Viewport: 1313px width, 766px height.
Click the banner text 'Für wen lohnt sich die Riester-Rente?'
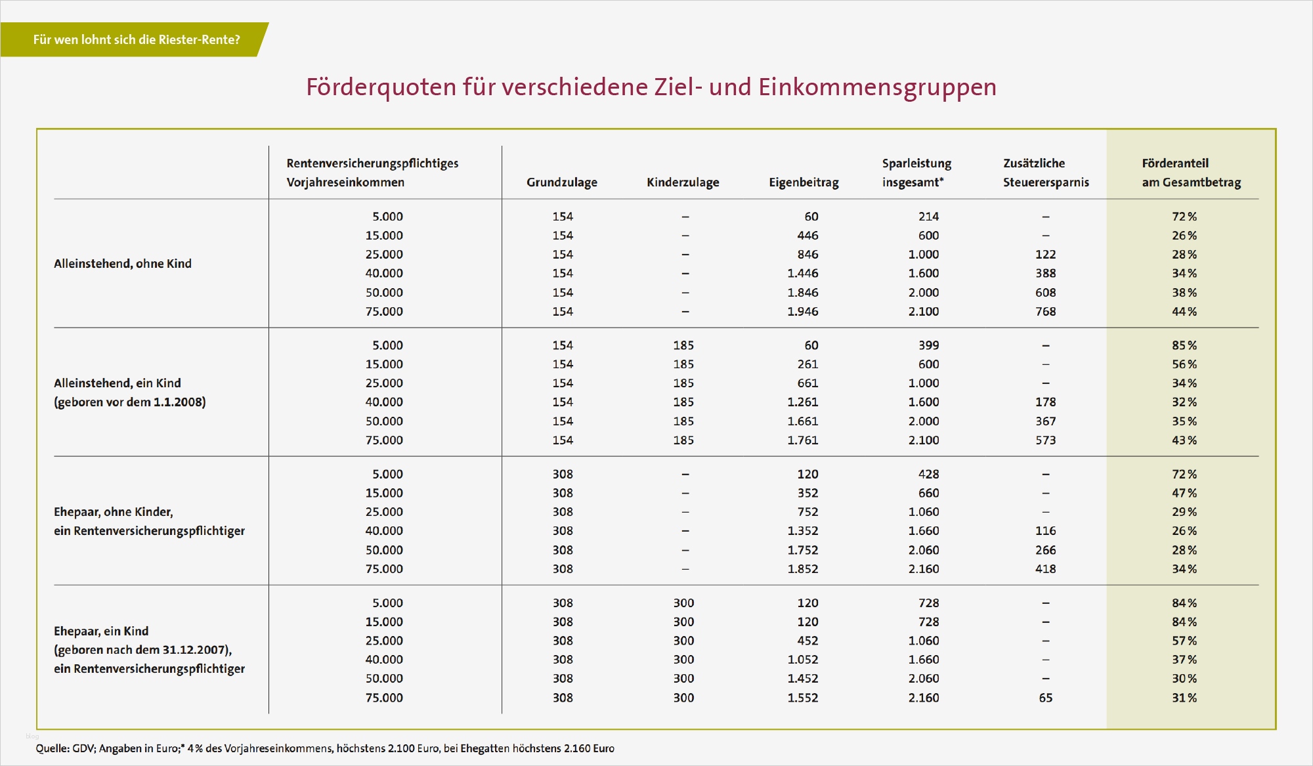(x=137, y=39)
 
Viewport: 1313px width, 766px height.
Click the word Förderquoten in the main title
(x=381, y=87)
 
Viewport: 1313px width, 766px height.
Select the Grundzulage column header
(x=561, y=182)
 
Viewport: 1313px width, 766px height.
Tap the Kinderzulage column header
(x=683, y=182)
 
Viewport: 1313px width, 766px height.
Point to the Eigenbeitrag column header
(x=804, y=182)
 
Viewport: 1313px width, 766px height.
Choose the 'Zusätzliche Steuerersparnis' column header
(x=1045, y=173)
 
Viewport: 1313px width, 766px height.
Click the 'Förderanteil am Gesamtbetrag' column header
(x=1191, y=173)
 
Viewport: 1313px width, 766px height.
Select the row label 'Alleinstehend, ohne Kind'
(x=123, y=264)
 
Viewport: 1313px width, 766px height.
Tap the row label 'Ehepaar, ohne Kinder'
(x=114, y=512)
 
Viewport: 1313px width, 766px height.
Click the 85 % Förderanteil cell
(x=1184, y=345)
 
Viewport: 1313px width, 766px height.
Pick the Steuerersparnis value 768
(x=1045, y=312)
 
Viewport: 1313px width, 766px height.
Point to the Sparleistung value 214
(x=928, y=217)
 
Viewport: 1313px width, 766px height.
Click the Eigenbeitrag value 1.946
(x=803, y=312)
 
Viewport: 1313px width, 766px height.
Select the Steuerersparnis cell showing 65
(x=1045, y=698)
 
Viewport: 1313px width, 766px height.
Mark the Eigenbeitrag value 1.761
(x=803, y=440)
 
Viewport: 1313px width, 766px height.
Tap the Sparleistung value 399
(x=928, y=345)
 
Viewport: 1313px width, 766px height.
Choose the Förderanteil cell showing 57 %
(x=1184, y=641)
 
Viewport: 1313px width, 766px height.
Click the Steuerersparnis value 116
(x=1045, y=531)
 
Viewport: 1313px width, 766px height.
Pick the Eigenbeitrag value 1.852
(x=803, y=569)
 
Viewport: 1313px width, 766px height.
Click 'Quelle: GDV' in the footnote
(x=65, y=748)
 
